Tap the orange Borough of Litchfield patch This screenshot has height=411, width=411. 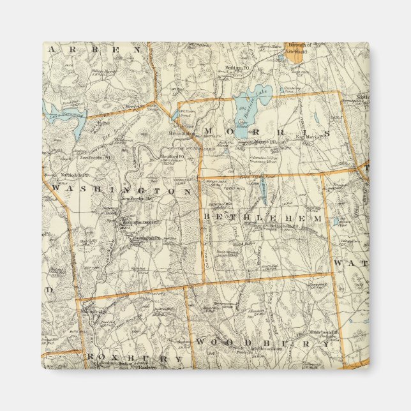click(294, 55)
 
